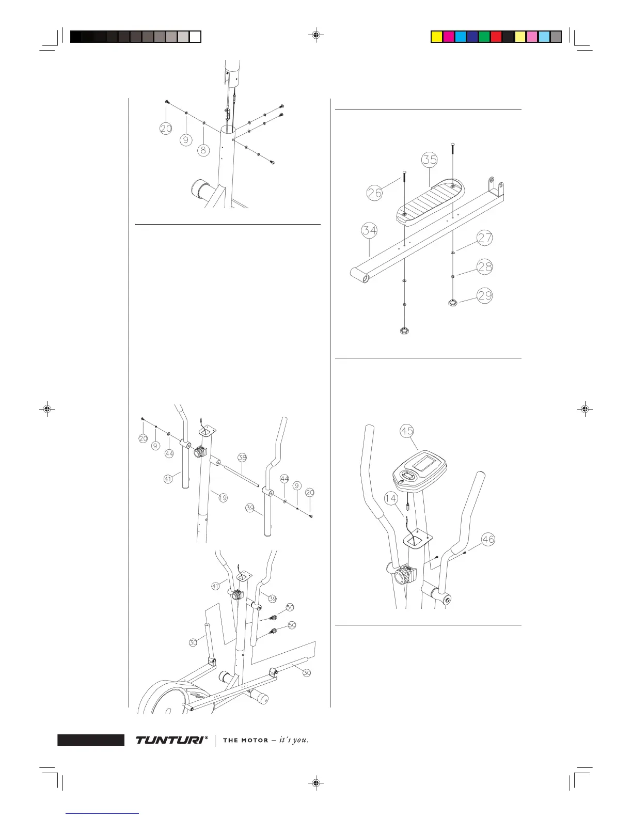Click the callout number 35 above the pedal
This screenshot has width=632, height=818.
(430, 160)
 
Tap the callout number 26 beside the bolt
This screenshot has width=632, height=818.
(374, 193)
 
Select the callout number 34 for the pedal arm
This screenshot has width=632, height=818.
(369, 230)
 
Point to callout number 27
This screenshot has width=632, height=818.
(485, 238)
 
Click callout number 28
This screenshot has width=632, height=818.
(485, 267)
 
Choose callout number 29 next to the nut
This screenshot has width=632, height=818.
(485, 296)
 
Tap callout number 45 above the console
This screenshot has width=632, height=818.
(407, 431)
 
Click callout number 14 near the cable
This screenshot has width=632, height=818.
(391, 498)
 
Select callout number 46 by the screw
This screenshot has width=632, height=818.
(488, 540)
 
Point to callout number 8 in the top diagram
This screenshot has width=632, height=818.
(204, 150)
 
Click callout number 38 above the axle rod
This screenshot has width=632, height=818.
(242, 457)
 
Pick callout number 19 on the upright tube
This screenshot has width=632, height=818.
(223, 498)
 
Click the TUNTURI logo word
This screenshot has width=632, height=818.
(169, 740)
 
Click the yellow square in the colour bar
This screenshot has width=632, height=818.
(437, 37)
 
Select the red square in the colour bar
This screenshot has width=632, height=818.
(496, 37)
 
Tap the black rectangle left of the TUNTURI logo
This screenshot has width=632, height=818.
(91, 740)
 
